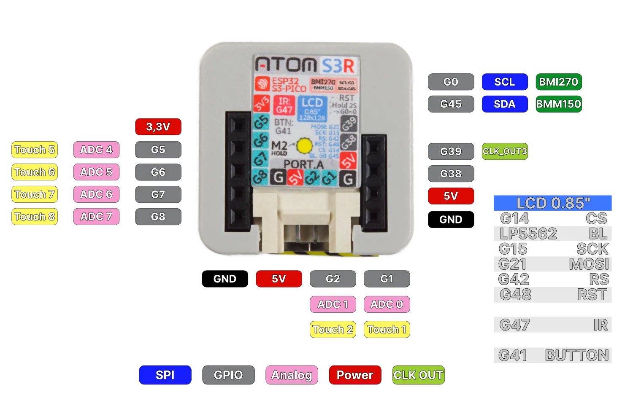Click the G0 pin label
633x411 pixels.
coord(451,82)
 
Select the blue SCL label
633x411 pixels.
coord(505,82)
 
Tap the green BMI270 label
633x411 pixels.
coord(558,82)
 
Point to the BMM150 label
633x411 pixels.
coord(558,104)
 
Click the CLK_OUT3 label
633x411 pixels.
coord(505,151)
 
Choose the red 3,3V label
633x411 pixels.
coord(158,126)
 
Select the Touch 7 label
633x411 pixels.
coord(34,194)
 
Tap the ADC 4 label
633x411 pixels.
coord(96,150)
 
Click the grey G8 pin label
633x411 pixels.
coord(158,217)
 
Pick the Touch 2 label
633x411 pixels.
coord(333,329)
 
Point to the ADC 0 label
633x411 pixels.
coord(387,304)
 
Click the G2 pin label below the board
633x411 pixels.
coord(333,279)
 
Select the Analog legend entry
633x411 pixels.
coord(292,375)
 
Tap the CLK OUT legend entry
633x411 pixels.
coord(418,375)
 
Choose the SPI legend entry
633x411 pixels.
coord(165,375)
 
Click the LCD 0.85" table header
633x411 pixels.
coord(553,203)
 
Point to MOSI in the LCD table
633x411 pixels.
coord(589,264)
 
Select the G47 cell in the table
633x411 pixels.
coord(514,325)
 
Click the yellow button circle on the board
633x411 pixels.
coord(304,146)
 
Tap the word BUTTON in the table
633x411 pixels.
coord(577,355)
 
